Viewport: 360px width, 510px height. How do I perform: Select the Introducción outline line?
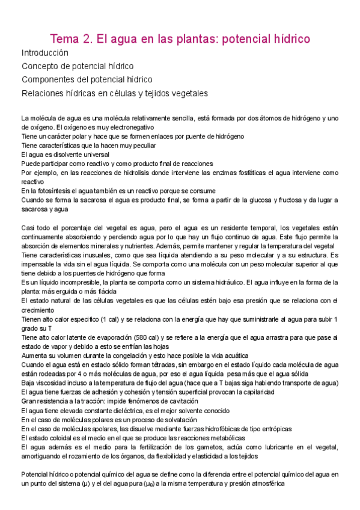coord(44,53)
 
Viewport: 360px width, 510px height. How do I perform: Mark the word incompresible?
coord(76,283)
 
